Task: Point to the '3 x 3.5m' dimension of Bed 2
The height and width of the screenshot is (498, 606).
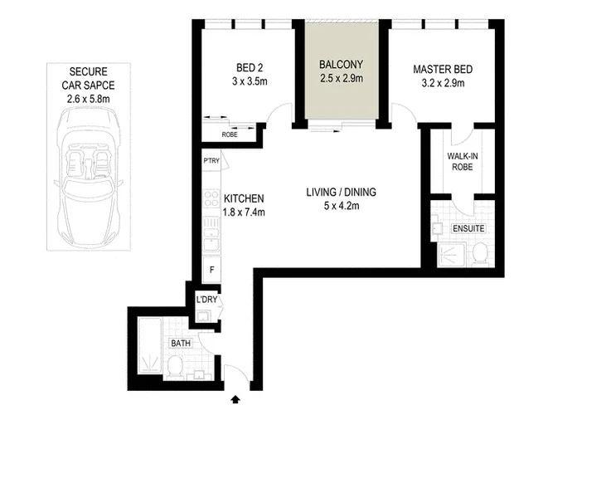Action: pos(246,82)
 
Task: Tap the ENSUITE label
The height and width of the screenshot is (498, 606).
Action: pos(468,228)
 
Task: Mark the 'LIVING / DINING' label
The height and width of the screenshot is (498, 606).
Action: pos(341,193)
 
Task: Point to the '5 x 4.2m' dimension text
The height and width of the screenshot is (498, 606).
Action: pos(341,206)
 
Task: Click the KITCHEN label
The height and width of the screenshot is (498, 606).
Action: pos(243,199)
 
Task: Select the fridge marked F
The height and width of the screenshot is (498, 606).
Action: pos(211,271)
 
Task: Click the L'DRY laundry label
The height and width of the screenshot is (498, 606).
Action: pos(206,299)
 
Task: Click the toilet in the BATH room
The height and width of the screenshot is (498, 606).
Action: pos(176,367)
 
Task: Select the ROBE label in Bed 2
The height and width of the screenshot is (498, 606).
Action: pos(230,134)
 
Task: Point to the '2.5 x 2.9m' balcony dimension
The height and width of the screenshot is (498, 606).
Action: pos(342,79)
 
